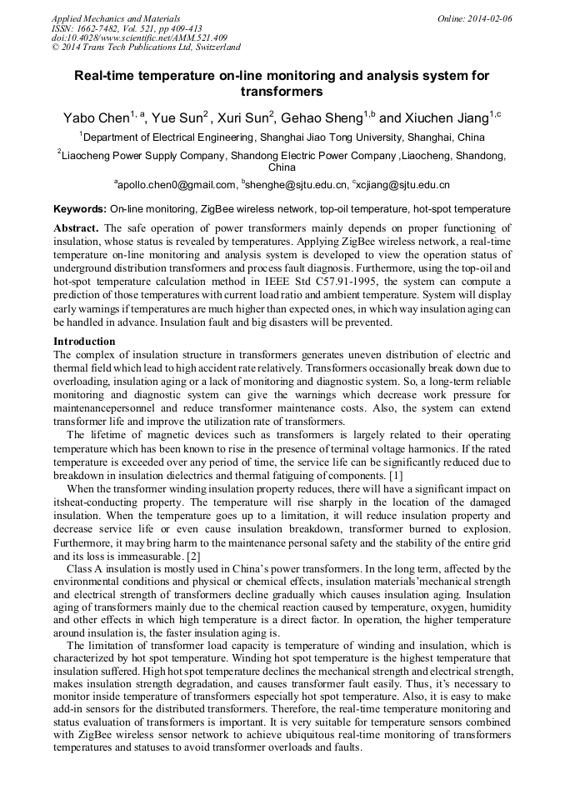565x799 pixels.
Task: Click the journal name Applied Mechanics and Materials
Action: point(115,17)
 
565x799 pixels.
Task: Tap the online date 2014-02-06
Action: point(486,17)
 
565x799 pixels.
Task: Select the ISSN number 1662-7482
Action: point(106,27)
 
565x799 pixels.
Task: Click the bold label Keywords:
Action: point(80,209)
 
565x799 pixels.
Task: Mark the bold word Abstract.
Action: point(77,227)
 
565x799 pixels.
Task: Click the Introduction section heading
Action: point(84,342)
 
